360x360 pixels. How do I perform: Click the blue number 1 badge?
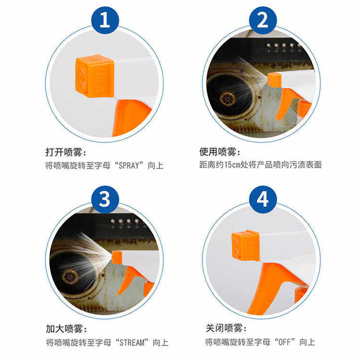coord(105,20)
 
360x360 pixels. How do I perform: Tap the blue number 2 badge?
coord(263,20)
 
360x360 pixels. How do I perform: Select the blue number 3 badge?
coord(105,199)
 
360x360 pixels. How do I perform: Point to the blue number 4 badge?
coord(263,199)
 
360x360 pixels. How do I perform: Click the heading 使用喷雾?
coord(220,152)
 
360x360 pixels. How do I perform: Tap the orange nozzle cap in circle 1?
coord(95,76)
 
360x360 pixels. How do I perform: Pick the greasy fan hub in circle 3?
coord(70,276)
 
